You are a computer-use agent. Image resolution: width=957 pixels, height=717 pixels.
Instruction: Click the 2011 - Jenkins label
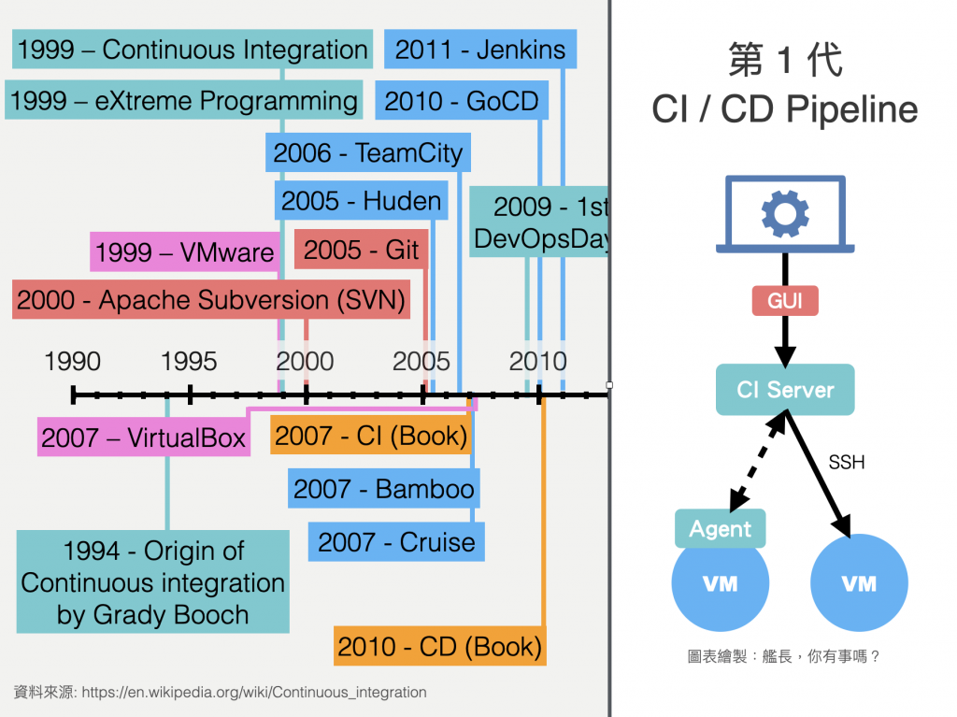480,50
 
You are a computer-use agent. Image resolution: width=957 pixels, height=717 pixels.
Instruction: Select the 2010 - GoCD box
462,101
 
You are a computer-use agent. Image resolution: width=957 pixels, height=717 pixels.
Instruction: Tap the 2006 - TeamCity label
368,152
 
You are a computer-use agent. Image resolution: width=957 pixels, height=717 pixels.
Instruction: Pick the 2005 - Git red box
361,250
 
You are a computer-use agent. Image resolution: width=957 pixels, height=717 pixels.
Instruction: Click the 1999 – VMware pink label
185,251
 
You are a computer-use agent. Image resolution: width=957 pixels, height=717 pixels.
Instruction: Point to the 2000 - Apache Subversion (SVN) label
211,300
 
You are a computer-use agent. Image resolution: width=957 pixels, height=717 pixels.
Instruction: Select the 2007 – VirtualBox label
144,437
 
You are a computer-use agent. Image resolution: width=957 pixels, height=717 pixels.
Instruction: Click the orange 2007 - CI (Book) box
371,436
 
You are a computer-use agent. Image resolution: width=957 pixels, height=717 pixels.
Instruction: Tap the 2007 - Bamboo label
384,489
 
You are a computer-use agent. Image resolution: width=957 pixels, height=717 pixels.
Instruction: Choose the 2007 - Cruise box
396,542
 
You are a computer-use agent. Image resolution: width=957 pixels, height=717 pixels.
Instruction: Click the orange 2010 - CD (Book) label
439,646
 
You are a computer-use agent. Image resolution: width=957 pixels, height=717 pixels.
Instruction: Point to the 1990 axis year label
73,361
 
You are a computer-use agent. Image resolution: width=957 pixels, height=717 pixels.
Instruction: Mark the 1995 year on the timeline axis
189,361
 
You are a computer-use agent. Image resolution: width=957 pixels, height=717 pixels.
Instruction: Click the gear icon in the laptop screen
785,214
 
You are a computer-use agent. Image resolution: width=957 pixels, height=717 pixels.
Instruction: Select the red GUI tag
785,301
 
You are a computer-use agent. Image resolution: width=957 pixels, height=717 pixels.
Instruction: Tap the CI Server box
785,390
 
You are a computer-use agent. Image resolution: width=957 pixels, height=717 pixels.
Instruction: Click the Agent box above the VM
721,529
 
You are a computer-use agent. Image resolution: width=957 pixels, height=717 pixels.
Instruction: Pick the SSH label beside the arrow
847,462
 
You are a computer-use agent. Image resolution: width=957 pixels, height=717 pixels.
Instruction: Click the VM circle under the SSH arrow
859,583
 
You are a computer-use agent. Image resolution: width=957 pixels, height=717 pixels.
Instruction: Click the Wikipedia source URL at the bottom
254,693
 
